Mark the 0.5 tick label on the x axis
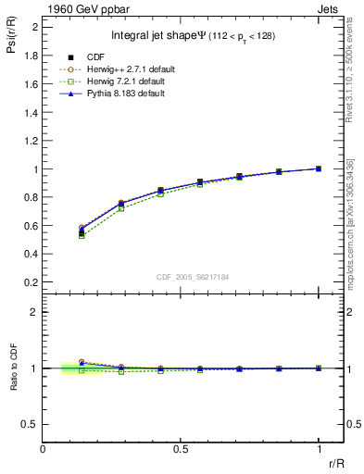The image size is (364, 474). click(x=181, y=449)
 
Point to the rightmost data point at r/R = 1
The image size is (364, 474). click(x=319, y=168)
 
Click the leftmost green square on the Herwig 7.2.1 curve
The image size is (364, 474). click(x=82, y=236)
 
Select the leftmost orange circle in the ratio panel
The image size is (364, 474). click(x=82, y=362)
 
